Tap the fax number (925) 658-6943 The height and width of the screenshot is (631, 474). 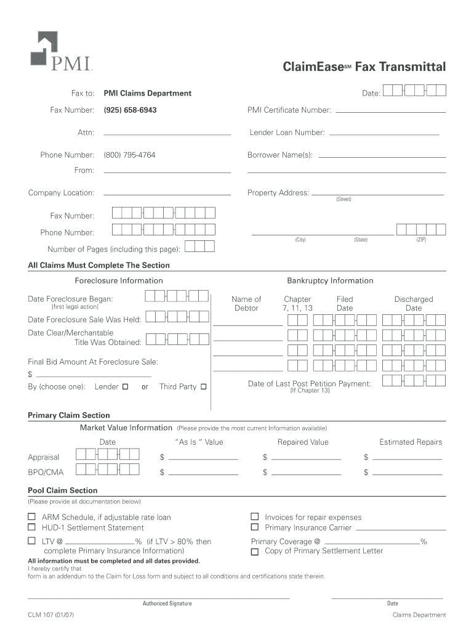[x=130, y=110]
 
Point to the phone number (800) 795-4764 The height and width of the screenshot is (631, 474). [x=129, y=155]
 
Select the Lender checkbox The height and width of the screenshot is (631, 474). [x=125, y=387]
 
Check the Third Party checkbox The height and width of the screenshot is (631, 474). [x=204, y=387]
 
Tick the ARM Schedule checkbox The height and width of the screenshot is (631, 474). [x=31, y=517]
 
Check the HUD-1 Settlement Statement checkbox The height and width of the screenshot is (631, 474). [x=31, y=527]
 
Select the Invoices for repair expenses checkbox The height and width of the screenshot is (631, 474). [x=254, y=517]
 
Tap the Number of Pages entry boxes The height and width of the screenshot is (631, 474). [x=200, y=247]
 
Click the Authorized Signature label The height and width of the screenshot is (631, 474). [x=167, y=603]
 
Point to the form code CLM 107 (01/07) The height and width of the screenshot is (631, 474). [x=52, y=615]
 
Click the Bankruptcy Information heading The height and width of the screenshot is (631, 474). [x=330, y=281]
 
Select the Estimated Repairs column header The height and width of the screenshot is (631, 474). [x=411, y=442]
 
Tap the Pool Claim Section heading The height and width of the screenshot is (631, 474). [x=63, y=491]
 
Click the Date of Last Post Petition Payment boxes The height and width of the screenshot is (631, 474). [x=414, y=381]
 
